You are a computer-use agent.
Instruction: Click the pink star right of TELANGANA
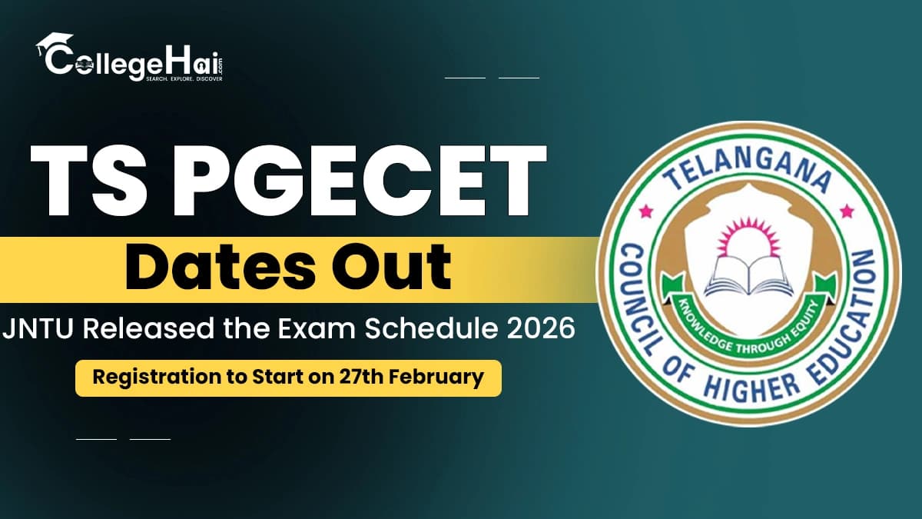point(847,209)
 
